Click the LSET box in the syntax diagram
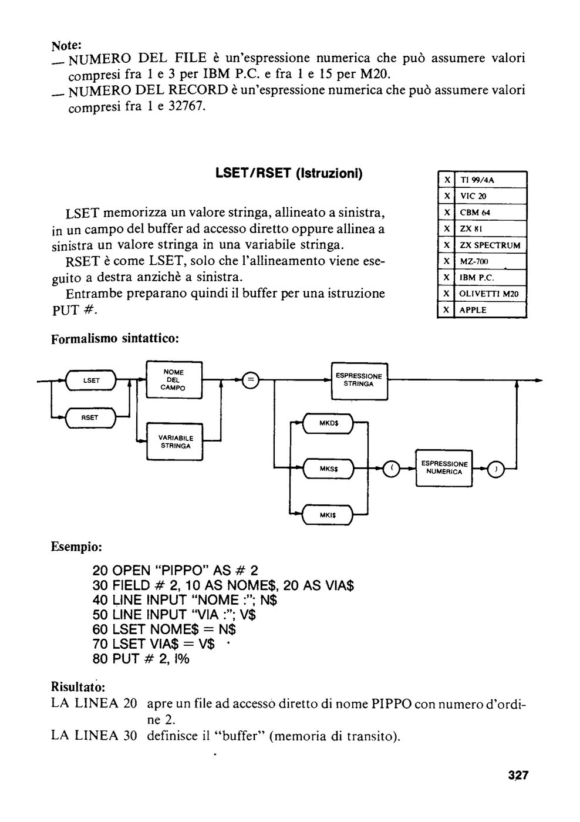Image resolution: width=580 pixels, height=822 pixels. coord(90,380)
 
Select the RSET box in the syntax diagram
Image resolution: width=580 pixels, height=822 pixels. coord(90,417)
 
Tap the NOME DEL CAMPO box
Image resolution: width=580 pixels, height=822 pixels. coord(174,380)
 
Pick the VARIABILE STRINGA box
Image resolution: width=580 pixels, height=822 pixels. coord(174,442)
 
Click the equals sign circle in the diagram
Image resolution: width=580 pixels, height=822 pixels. coord(251,380)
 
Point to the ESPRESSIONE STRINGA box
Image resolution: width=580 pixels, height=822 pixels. coord(359,380)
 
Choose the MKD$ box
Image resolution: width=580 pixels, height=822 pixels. coord(328,423)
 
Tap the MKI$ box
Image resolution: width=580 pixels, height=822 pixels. coord(328,516)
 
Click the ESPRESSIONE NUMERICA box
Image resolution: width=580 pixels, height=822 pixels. coord(444,469)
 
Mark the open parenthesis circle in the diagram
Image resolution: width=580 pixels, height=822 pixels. coord(392,469)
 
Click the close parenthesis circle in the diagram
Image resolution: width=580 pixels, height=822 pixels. coord(495,469)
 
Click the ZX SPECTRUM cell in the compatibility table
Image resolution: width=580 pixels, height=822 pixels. coord(490,245)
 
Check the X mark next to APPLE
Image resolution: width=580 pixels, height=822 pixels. coord(446,310)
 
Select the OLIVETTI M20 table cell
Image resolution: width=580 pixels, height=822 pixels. coord(490,294)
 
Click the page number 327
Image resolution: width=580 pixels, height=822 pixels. coord(518,775)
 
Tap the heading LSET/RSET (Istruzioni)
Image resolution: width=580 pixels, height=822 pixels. coord(289,173)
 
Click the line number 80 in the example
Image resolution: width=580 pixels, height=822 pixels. coord(100,659)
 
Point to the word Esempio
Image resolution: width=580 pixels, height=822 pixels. coord(76,547)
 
